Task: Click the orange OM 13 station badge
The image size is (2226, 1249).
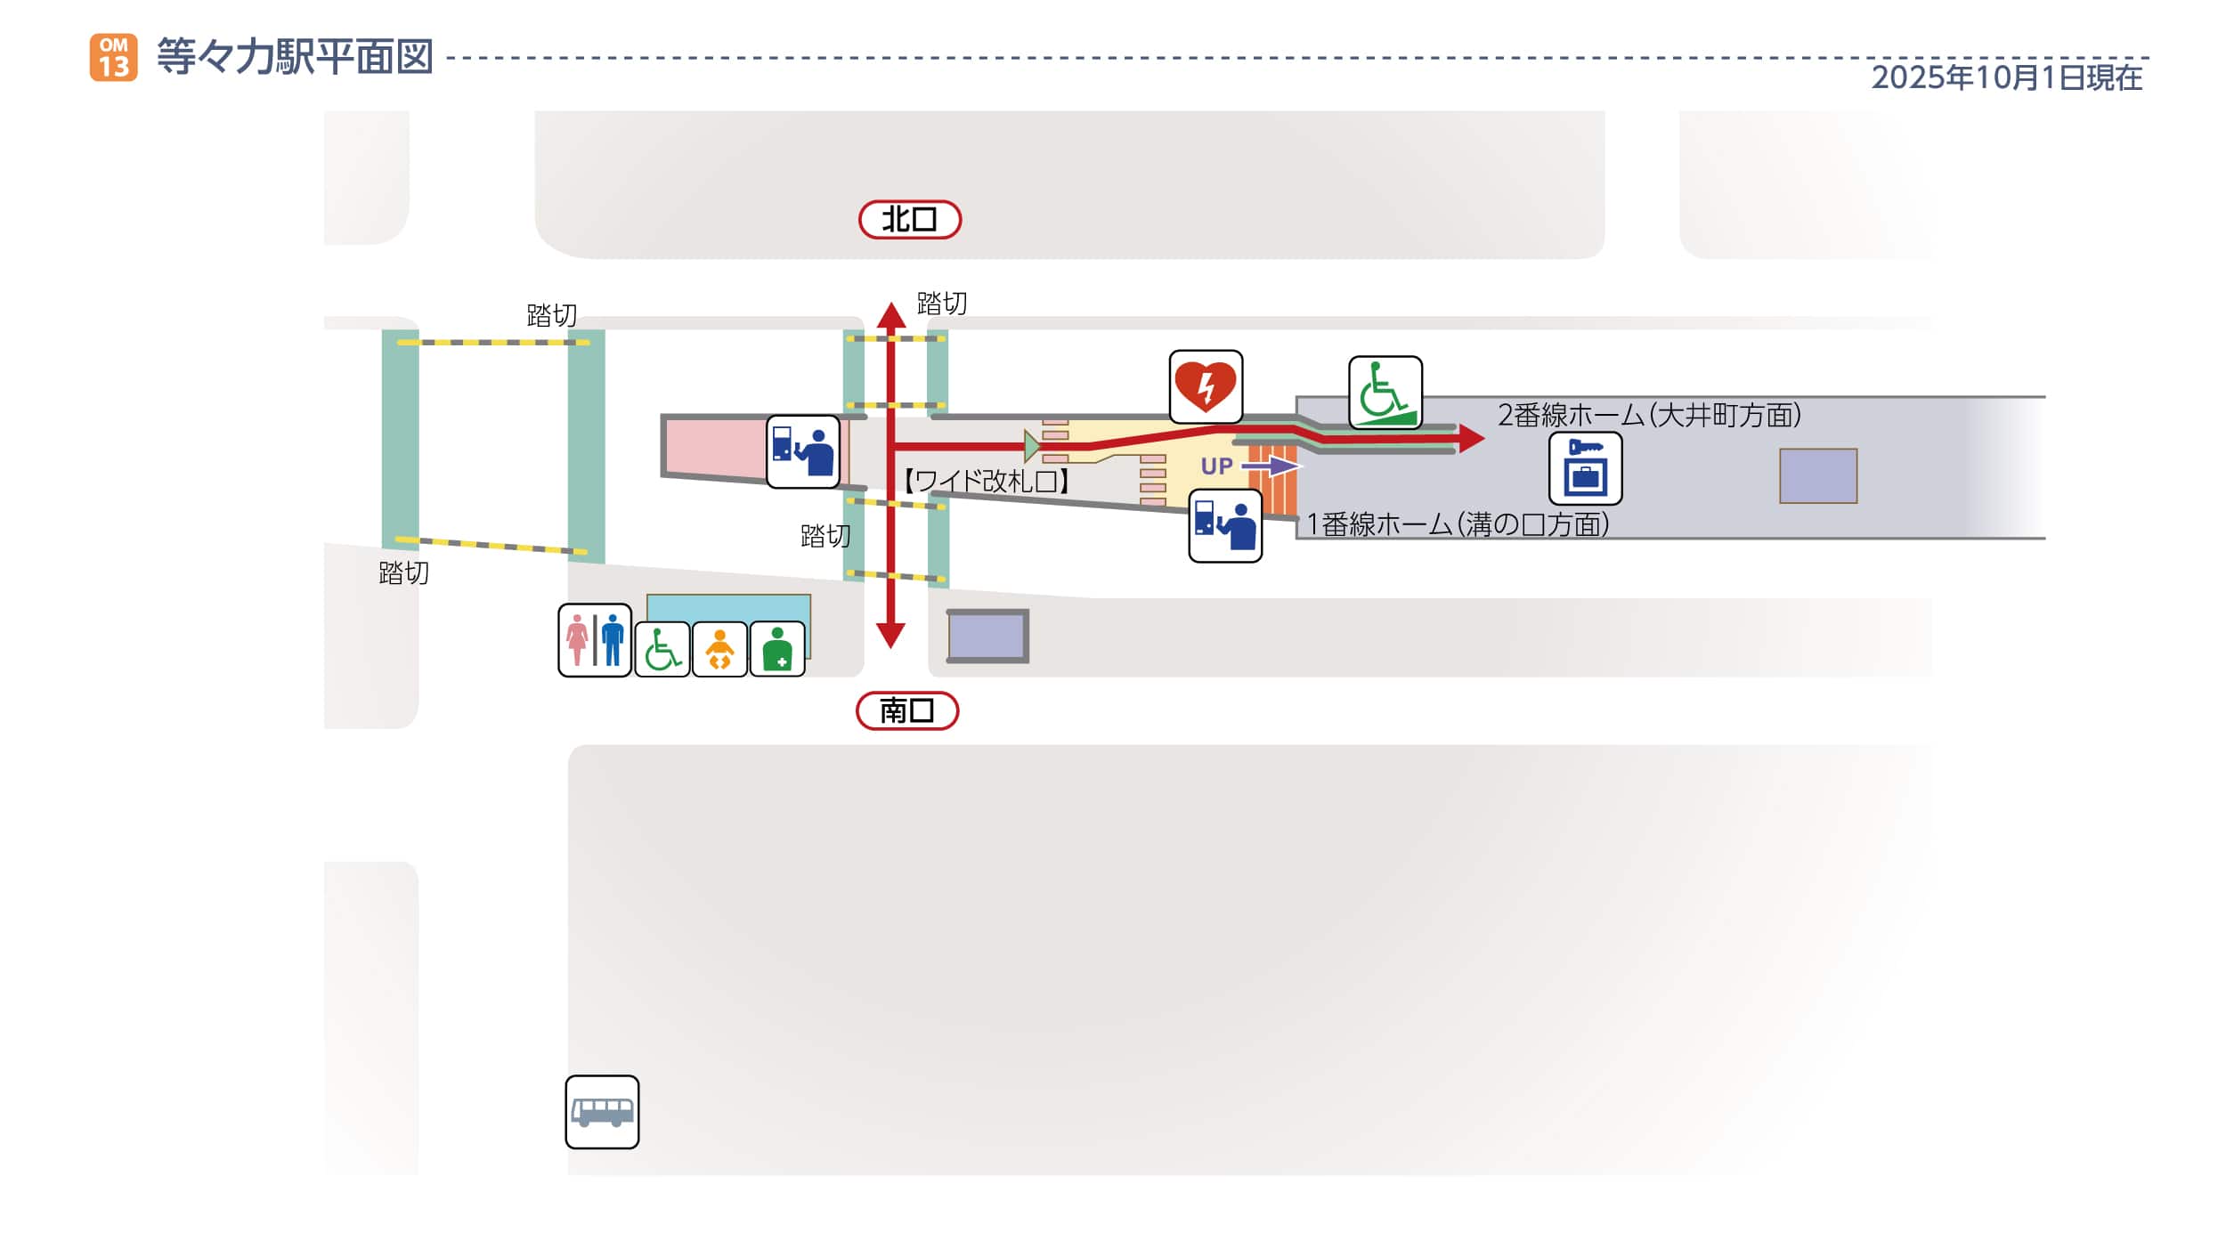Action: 113,58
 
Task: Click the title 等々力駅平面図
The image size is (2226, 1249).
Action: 295,57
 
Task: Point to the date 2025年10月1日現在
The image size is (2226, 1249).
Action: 2006,77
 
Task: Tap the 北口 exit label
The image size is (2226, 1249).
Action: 909,220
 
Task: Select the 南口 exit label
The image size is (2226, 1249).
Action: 906,710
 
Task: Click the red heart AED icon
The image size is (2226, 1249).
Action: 1206,386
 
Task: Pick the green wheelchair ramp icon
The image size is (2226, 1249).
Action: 1385,393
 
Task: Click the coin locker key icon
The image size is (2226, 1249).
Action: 1585,468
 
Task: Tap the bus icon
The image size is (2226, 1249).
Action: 602,1112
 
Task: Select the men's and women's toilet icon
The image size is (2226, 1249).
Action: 595,640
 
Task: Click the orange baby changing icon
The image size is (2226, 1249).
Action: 719,650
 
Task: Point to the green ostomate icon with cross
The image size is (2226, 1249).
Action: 777,650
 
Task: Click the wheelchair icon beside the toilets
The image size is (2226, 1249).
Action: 662,650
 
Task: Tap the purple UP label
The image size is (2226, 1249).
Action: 1216,466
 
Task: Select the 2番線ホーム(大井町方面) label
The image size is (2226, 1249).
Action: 1649,415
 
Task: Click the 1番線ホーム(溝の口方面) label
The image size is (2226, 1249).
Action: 1457,524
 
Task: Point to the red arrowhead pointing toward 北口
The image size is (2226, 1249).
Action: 890,315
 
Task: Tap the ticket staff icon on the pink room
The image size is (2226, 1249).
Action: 803,451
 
